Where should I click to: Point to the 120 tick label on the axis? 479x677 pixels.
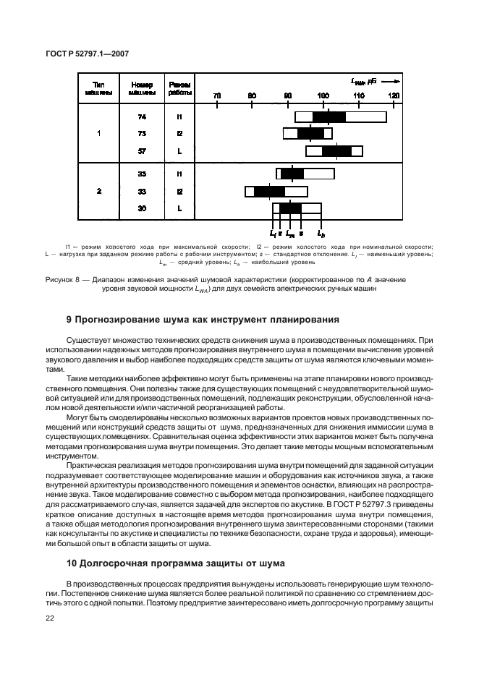394,95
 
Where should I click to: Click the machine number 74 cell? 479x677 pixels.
142,116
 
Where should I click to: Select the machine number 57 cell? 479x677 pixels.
142,150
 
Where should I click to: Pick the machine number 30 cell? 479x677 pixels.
142,208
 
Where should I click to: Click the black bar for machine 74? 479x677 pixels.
329,116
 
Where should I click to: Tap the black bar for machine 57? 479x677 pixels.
336,150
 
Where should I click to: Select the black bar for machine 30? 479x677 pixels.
290,208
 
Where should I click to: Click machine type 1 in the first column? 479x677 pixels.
99,134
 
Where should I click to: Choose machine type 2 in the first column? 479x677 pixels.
99,191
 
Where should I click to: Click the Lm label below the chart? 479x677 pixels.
290,234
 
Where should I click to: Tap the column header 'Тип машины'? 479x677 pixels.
99,88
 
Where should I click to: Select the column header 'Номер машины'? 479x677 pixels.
142,88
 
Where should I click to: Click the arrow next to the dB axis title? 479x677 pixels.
390,82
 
